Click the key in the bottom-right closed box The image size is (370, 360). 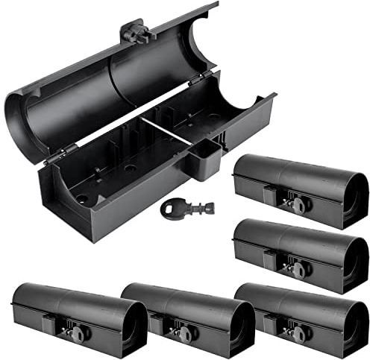pos(290,329)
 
